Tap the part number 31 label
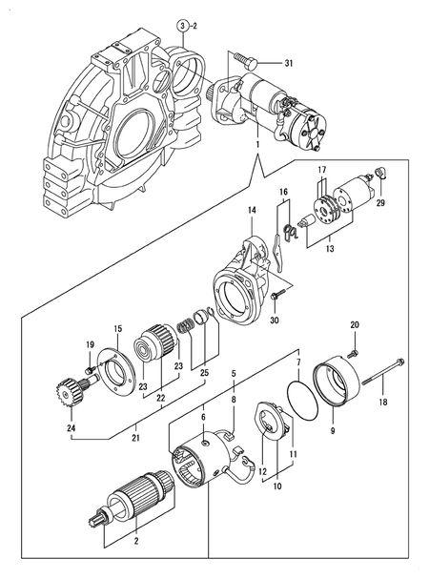tap(291, 63)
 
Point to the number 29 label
tap(380, 204)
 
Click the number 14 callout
tap(253, 209)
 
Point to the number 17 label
tap(321, 170)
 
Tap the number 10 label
tap(277, 486)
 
